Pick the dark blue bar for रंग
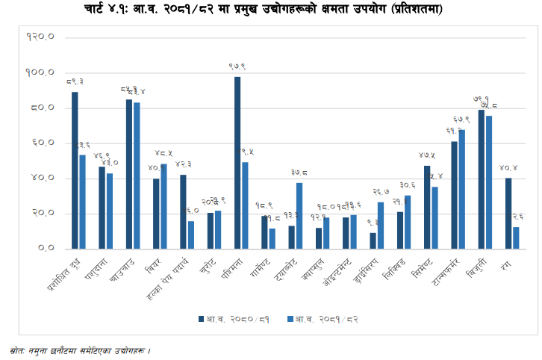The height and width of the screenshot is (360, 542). pos(508,213)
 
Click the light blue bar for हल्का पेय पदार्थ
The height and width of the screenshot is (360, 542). pos(191,235)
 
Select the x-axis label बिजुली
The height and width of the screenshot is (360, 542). pos(476,265)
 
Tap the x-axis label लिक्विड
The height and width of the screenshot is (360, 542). pos(393,267)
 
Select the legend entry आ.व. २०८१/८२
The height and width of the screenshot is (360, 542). pos(328,319)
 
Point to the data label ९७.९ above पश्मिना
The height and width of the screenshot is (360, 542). pos(237,66)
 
